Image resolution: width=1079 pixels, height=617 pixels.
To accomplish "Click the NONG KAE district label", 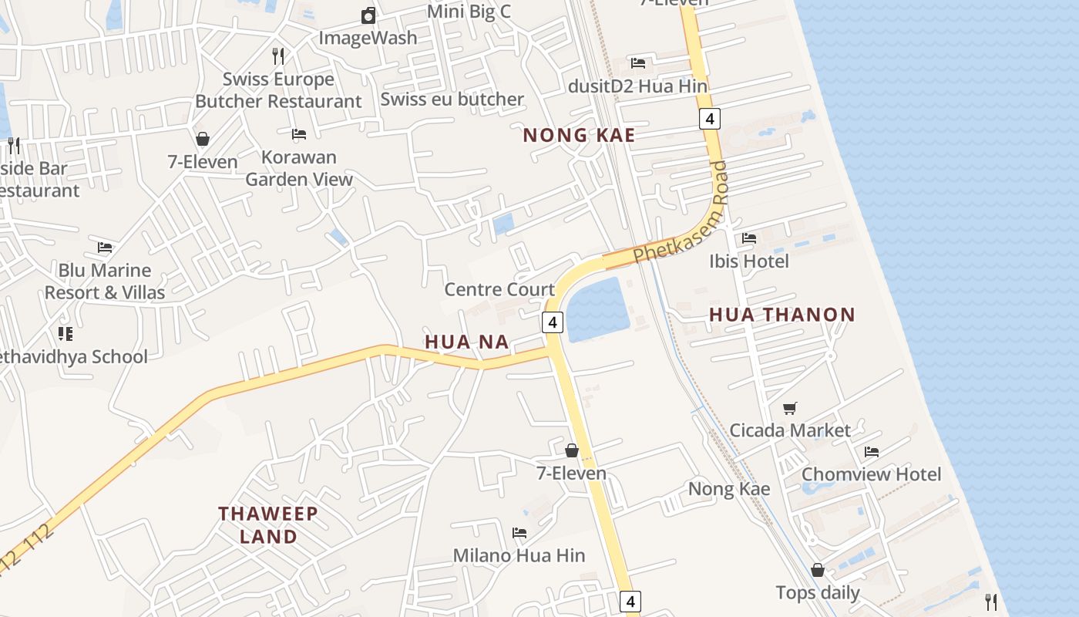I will pos(579,136).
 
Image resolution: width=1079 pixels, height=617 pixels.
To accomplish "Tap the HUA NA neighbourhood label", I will pos(467,342).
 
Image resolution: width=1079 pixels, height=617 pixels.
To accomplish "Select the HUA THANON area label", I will pos(782,315).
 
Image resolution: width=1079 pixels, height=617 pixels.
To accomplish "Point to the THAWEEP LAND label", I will pos(268,525).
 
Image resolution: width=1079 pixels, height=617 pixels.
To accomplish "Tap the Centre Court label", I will pos(499,290).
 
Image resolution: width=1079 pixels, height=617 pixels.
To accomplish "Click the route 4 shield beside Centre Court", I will pos(553,322).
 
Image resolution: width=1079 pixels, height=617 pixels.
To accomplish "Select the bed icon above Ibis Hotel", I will pos(748,238).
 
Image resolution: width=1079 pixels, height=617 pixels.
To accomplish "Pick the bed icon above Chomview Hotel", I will pos(872,451).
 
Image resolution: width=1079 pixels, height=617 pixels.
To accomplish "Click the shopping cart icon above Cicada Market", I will pos(789,408).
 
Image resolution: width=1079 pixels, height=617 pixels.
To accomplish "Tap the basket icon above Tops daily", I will pos(818,570).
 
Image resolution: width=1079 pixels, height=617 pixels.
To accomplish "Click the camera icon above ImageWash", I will pos(368,15).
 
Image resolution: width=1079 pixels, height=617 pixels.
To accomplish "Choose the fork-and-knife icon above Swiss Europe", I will pos(278,56).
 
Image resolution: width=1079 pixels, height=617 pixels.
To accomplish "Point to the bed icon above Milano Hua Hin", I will pos(519,533).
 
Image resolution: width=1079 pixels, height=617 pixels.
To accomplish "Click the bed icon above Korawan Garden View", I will pos(299,134).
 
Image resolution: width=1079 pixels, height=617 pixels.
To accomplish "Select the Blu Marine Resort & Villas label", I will pos(105,282).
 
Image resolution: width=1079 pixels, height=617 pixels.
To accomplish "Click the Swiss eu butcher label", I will pos(452,99).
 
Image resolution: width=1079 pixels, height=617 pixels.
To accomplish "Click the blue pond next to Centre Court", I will pos(597,308).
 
